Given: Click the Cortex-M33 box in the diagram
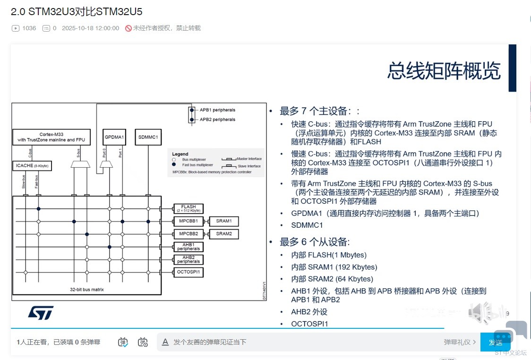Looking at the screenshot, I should (x=51, y=137).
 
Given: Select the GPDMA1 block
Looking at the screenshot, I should (x=114, y=137).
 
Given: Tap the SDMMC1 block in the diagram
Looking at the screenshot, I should (x=148, y=137).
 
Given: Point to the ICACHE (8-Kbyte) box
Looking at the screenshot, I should (x=32, y=166).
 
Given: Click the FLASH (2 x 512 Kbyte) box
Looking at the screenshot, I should (x=188, y=208).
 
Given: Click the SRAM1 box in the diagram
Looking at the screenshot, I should (x=224, y=221).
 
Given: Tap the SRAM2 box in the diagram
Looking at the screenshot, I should (x=224, y=234).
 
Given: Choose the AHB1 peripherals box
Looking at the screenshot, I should (x=188, y=247).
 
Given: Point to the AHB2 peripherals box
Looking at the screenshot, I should (x=188, y=259).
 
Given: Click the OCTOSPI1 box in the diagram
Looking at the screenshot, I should (x=188, y=272).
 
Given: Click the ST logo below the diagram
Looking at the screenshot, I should (x=41, y=312).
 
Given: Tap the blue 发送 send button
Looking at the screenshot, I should (x=495, y=342).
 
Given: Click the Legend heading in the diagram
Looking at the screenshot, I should (x=180, y=154).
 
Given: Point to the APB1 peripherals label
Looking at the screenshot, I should (x=217, y=110).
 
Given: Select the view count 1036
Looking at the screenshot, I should (x=29, y=28).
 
